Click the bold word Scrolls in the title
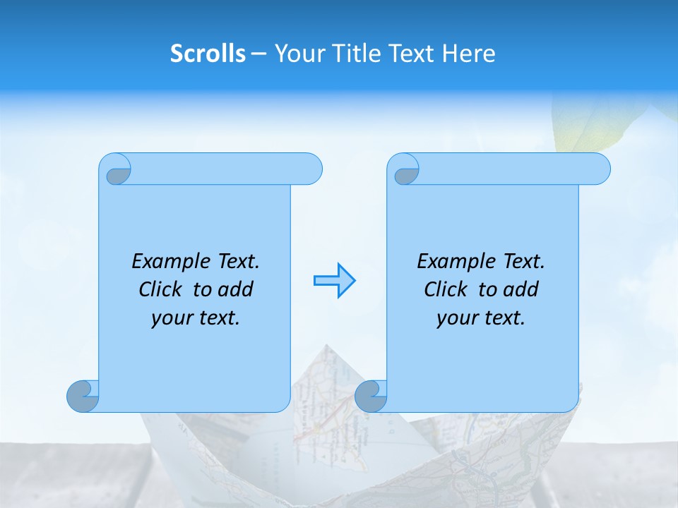tap(208, 54)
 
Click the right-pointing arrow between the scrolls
tap(334, 281)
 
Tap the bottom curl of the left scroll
tap(83, 396)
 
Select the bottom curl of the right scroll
tap(371, 396)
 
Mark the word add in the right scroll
tap(521, 289)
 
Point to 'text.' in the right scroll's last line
tap(502, 318)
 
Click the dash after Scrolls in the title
tap(258, 54)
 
